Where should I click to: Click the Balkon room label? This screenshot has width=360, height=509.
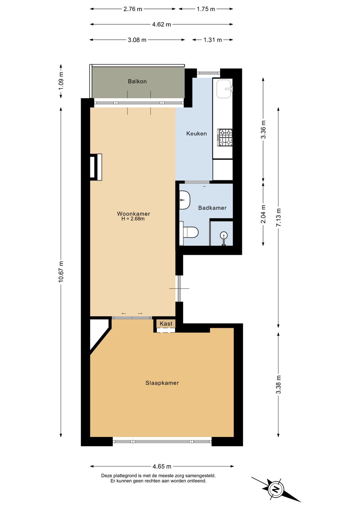(137, 81)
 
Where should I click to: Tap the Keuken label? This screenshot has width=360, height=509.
(196, 133)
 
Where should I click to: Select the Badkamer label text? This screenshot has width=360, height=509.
(212, 208)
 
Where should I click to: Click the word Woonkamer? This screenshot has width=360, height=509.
(134, 213)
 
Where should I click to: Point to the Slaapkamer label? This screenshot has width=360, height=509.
(162, 383)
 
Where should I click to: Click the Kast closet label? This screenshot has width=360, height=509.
(166, 324)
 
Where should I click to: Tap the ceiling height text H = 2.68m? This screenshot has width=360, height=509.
(133, 219)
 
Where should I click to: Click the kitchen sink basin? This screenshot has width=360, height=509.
(225, 89)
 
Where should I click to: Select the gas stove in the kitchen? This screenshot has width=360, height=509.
(225, 137)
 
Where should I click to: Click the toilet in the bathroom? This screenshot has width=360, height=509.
(190, 232)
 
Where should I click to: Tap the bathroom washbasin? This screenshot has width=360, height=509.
(184, 200)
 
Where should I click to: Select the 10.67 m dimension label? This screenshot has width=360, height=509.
(61, 272)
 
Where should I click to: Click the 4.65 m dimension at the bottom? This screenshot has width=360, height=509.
(162, 466)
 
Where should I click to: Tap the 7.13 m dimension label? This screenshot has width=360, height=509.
(278, 217)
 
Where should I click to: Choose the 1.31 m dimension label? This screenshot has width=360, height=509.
(213, 40)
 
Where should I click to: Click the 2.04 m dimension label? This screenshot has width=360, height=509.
(263, 214)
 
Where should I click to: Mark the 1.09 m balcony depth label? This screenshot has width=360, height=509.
(61, 81)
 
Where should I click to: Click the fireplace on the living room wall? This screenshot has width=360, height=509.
(96, 167)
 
